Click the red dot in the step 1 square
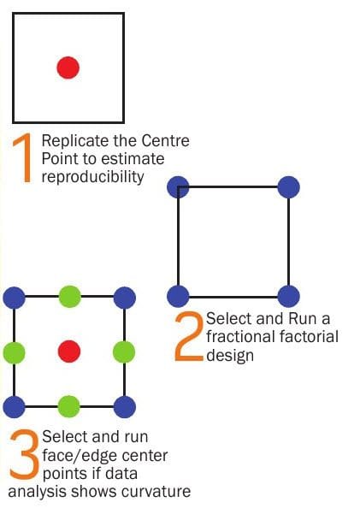[x=68, y=68]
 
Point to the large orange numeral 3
[x=24, y=454]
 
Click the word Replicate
[x=75, y=141]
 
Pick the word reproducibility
[x=92, y=176]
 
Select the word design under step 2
[x=230, y=356]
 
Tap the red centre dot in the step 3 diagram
[x=69, y=351]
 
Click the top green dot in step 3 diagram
[x=69, y=297]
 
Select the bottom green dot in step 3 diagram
[x=69, y=406]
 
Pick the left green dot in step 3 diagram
[x=14, y=351]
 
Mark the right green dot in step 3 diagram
[x=124, y=351]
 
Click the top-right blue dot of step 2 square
[x=289, y=187]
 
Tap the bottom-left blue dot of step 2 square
[x=178, y=296]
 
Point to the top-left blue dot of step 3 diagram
[x=14, y=298]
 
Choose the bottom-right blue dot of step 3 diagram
[x=125, y=407]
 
